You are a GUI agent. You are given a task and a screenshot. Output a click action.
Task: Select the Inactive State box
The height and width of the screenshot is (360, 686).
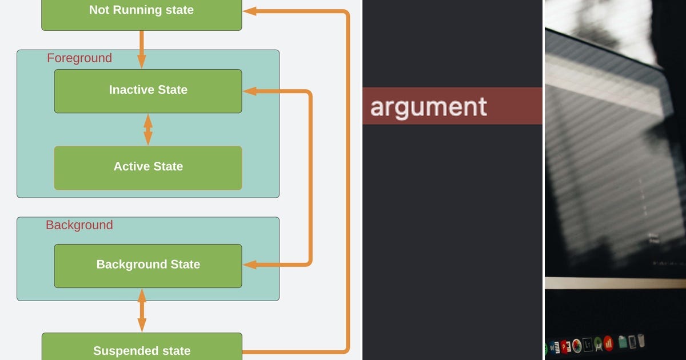(x=148, y=91)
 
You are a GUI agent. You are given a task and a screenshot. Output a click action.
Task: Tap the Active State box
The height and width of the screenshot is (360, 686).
(x=148, y=168)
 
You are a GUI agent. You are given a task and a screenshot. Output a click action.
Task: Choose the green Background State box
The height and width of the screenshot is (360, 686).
(x=148, y=266)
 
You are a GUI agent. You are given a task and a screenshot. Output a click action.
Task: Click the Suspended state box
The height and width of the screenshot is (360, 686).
(x=142, y=346)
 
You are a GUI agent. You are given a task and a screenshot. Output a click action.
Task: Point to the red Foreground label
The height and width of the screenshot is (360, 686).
(x=79, y=58)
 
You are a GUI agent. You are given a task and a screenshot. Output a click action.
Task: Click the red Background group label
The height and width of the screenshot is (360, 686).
(x=79, y=225)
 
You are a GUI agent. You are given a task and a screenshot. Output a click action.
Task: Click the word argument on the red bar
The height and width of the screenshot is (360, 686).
(x=428, y=108)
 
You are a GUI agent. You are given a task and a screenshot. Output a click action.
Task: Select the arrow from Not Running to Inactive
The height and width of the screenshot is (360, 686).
(x=142, y=50)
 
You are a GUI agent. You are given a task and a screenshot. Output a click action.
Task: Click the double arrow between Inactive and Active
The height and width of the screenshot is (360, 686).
(x=148, y=130)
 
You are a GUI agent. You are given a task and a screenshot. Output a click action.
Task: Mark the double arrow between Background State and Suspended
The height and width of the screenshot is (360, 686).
(x=142, y=310)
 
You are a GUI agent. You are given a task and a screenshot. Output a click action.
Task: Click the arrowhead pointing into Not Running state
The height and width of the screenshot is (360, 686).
(x=249, y=11)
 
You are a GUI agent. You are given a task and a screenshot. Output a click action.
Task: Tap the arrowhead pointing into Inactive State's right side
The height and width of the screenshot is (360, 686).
(x=250, y=91)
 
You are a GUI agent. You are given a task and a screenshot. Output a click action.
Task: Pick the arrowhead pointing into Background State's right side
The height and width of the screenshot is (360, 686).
(x=250, y=265)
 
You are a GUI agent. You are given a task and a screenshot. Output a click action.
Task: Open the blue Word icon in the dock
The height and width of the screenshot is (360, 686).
(x=555, y=348)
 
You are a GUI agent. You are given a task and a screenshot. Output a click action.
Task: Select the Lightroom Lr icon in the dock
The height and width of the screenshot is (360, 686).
(x=588, y=345)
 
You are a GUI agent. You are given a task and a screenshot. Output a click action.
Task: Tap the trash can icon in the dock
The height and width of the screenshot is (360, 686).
(x=641, y=341)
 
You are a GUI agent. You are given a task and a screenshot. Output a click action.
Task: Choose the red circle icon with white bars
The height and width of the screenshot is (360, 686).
(x=608, y=343)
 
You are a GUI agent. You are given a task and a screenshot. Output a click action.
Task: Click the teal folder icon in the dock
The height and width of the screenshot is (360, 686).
(x=623, y=342)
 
